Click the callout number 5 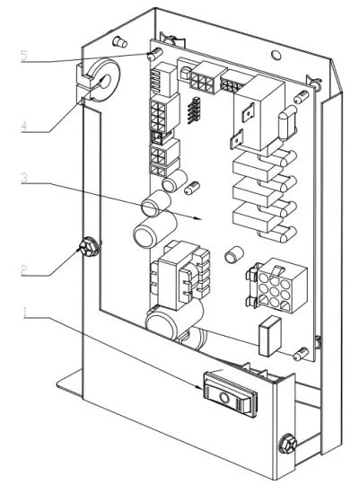(24, 56)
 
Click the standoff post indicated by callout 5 (155, 57)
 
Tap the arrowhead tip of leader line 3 (204, 217)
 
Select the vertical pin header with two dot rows (191, 110)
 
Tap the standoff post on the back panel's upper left (117, 40)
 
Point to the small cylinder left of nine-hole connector (235, 254)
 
